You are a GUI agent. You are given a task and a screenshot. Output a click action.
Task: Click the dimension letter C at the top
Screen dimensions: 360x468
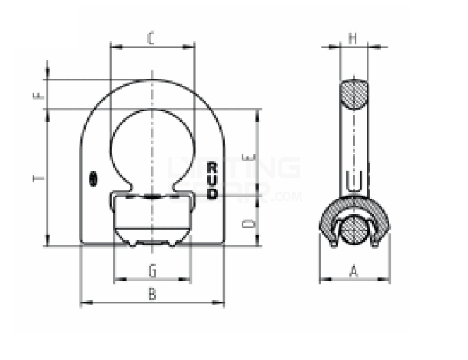[152, 37]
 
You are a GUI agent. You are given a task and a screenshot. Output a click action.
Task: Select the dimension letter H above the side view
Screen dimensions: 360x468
[353, 37]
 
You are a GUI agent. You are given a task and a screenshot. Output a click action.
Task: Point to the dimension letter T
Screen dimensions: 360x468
[38, 178]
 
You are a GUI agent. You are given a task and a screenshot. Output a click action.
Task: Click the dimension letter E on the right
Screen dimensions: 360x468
[246, 158]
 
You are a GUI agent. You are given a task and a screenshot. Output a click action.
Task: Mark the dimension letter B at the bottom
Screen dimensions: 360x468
[153, 294]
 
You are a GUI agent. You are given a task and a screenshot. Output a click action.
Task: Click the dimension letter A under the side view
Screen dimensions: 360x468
[353, 270]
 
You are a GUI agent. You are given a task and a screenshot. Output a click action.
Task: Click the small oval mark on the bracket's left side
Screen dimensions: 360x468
[93, 178]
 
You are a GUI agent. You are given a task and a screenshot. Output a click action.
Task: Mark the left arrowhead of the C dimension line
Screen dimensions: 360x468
[115, 46]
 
